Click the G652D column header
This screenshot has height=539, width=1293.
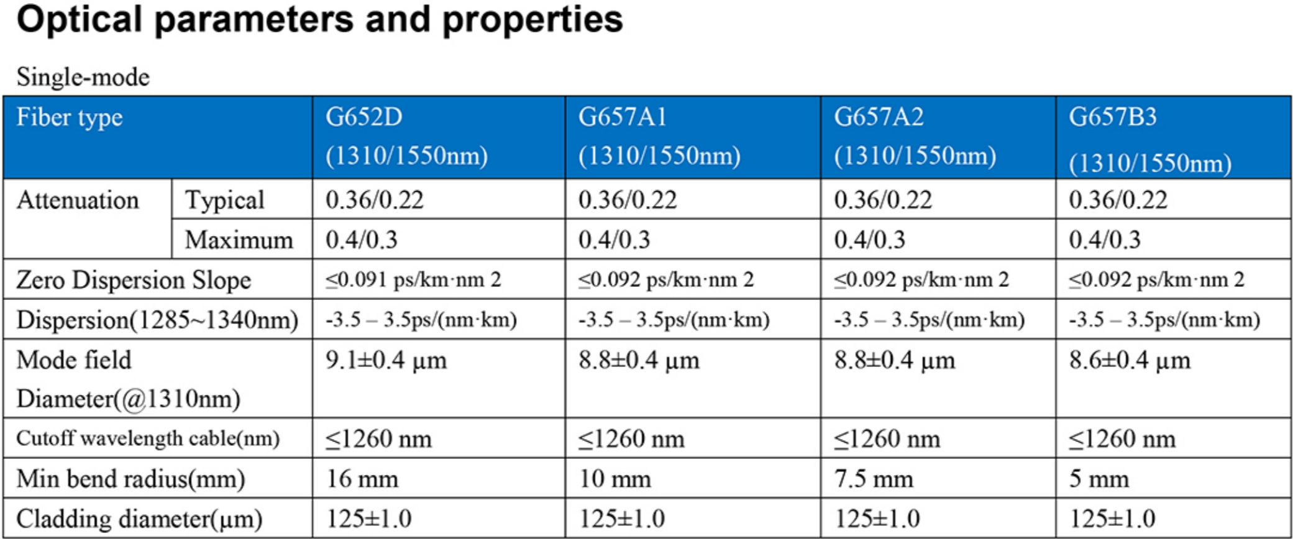tap(406, 137)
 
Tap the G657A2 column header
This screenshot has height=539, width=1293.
tap(915, 137)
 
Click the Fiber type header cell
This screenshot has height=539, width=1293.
tap(70, 118)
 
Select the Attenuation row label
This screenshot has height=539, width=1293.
tap(78, 201)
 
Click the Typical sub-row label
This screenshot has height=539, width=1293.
tap(224, 200)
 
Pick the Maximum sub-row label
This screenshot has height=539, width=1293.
tap(239, 240)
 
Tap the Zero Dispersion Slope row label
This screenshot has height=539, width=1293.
tap(134, 280)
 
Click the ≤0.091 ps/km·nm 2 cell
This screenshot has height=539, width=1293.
tap(413, 280)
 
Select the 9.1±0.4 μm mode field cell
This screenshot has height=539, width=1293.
tap(386, 361)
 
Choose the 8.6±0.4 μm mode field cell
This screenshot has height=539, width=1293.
tap(1130, 361)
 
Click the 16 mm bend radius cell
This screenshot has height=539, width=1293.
tap(362, 479)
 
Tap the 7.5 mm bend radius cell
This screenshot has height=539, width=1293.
tap(874, 479)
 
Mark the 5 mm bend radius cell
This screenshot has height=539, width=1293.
tap(1099, 479)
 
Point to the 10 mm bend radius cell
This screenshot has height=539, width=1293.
tap(615, 479)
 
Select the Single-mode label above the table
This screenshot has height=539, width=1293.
tap(83, 78)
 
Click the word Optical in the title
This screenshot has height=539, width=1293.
tap(79, 19)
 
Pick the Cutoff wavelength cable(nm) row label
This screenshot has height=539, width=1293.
tap(148, 439)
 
